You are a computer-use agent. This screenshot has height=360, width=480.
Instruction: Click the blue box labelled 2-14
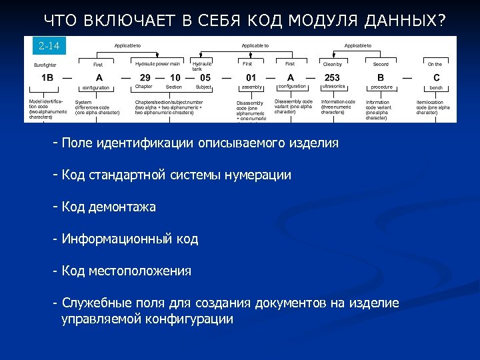[49, 46]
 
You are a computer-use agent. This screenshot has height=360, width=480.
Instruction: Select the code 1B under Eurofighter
[47, 77]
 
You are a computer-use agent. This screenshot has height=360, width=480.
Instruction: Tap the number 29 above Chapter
[145, 77]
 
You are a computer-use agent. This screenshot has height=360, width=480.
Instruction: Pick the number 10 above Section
[175, 77]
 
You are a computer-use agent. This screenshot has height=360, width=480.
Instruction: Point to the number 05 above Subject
[205, 77]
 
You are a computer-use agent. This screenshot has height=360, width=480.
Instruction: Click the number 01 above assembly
[251, 77]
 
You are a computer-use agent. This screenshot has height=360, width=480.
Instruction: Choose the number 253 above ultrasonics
[331, 77]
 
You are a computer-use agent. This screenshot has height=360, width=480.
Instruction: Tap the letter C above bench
[436, 77]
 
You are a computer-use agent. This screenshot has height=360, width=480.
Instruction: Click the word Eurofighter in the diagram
[45, 65]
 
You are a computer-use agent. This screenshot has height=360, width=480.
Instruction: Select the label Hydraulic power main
[157, 64]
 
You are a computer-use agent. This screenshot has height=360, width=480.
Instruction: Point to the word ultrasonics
[333, 87]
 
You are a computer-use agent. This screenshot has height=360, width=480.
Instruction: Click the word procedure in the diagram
[381, 87]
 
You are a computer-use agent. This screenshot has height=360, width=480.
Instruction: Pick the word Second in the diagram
[381, 65]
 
